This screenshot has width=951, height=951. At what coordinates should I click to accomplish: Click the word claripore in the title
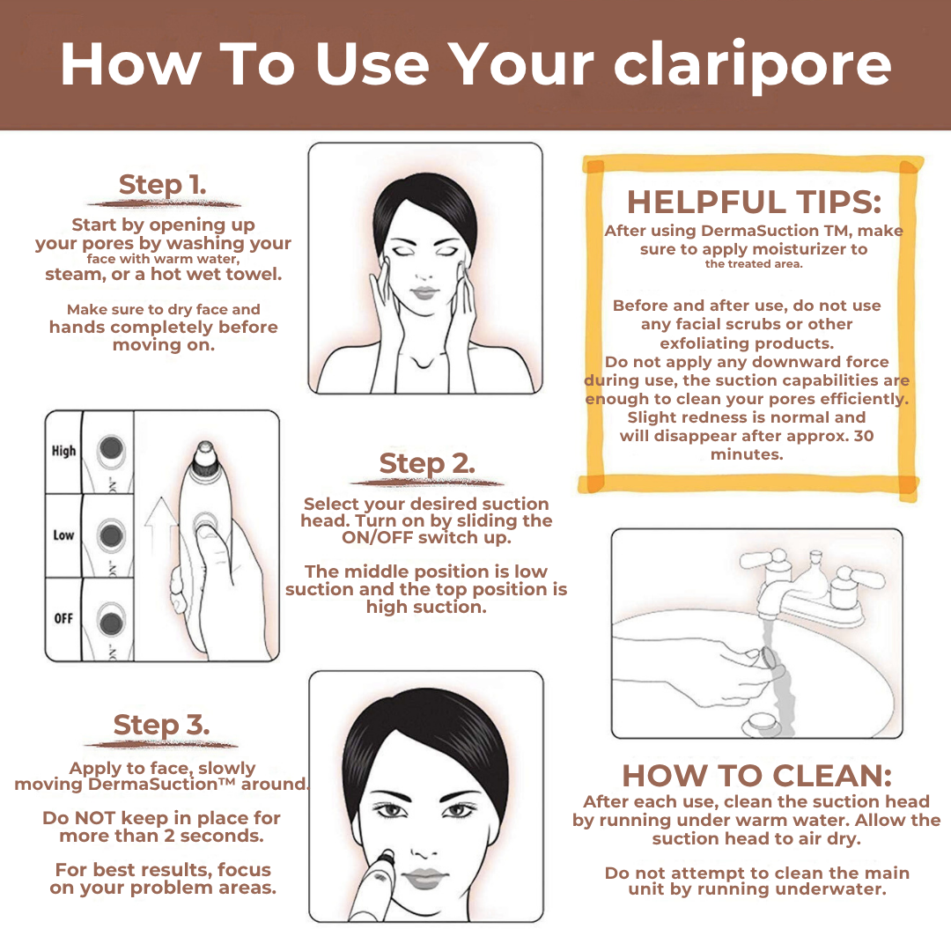(752, 65)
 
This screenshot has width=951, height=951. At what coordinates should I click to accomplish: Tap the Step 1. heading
(163, 184)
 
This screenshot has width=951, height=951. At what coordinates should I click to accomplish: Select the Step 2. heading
(427, 463)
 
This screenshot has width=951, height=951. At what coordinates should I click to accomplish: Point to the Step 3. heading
(161, 724)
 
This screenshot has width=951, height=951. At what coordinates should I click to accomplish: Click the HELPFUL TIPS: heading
(754, 202)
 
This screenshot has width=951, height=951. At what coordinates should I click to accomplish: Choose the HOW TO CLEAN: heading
(757, 775)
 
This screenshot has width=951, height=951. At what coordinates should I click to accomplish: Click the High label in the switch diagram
(63, 451)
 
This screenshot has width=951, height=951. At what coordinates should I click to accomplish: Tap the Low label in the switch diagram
(63, 535)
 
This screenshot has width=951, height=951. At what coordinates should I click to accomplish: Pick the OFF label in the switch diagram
(63, 619)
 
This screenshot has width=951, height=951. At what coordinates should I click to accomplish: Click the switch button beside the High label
(111, 449)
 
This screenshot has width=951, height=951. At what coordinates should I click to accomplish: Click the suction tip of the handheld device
(205, 450)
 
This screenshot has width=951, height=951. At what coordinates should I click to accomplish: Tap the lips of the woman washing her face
(424, 292)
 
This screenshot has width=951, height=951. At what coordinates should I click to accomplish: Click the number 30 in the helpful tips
(864, 436)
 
